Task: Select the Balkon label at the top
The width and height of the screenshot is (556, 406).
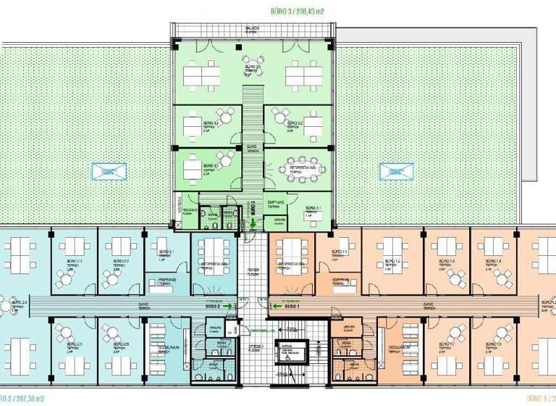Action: pos(252,29)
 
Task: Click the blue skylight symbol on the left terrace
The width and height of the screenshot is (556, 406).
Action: pos(106,172)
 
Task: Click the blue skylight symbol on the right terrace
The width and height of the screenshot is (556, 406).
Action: pos(397,172)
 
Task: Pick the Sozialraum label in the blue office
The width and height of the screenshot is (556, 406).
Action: pos(169,349)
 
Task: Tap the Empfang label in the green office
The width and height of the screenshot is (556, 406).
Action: pos(274,203)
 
